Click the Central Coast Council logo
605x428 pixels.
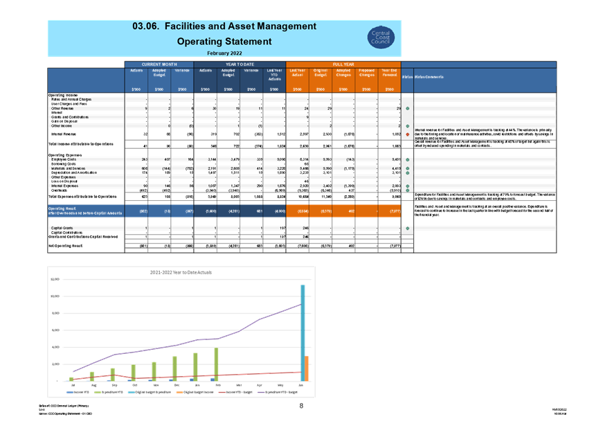[381, 37]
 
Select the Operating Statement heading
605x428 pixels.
[224, 42]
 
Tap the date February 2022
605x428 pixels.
[224, 53]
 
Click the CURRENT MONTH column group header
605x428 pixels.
[159, 64]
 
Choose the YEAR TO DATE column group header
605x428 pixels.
[240, 64]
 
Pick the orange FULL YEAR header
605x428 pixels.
[343, 64]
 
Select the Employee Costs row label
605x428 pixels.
[64, 159]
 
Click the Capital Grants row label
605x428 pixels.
[63, 227]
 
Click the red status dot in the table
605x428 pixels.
[408, 134]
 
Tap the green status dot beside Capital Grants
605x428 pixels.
[408, 227]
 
